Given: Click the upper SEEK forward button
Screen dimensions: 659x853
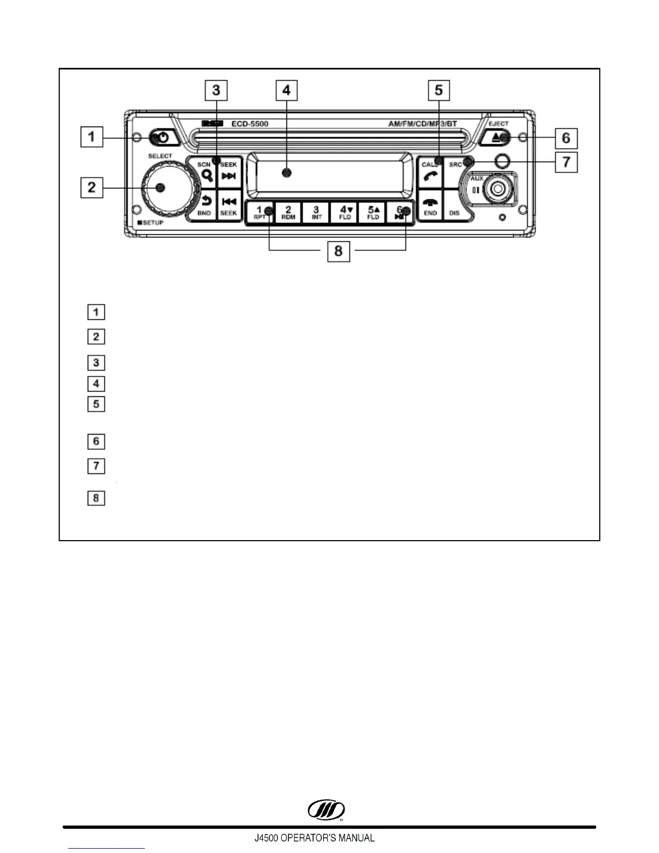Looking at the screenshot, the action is tap(229, 172).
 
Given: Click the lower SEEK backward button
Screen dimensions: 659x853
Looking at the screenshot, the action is tap(229, 206).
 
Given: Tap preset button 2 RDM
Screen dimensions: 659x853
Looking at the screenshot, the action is tap(288, 213).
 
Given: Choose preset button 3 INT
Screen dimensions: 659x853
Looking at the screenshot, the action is tap(317, 213).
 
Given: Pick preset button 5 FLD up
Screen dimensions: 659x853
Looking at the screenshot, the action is tap(373, 213).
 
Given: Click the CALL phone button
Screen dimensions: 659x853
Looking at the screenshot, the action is tap(430, 172).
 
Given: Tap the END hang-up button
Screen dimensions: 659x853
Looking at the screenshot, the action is tap(430, 206).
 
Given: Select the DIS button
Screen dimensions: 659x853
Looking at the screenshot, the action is tap(454, 207).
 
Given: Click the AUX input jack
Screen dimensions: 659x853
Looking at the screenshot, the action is tap(495, 189).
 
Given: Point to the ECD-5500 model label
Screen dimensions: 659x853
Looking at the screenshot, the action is tap(250, 124).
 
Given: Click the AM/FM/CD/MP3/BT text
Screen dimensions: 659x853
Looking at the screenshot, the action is tap(423, 124).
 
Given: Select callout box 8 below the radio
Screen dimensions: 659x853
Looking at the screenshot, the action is tap(338, 251).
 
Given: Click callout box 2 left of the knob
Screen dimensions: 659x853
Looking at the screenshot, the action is tap(92, 187).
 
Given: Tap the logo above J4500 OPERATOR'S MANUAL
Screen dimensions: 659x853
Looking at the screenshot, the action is tap(326, 810).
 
